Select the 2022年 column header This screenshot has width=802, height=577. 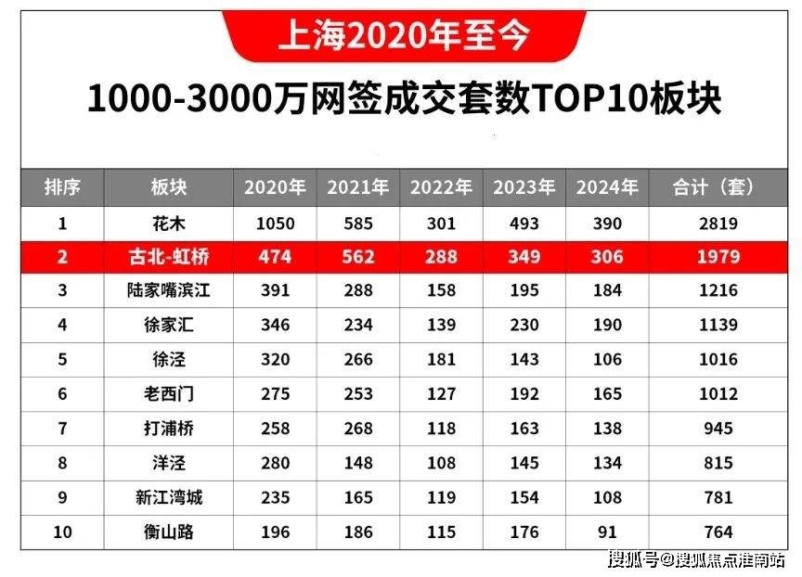pos(441,187)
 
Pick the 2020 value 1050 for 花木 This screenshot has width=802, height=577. pos(275,223)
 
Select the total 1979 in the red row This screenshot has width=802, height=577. pos(719,257)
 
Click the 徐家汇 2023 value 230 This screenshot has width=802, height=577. pos(524,326)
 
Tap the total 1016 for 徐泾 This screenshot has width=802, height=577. pos(719,360)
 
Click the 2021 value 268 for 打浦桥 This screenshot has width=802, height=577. pos(357,429)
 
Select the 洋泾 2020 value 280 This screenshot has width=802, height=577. pos(275,463)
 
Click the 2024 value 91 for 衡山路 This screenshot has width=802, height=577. pos(607,532)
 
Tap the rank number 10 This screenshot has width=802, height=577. pos(62,532)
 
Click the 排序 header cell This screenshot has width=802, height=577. pos(62,187)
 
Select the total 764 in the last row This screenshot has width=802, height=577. pos(719,532)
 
